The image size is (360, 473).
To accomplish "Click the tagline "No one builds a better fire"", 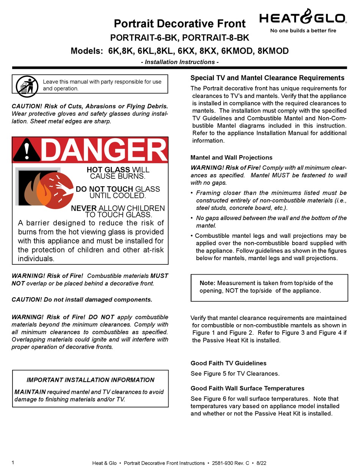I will (x=303, y=31).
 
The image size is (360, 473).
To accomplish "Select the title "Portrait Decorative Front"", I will (x=180, y=23).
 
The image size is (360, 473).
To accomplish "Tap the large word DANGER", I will (x=103, y=150).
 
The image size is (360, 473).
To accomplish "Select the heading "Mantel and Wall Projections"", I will (x=231, y=158).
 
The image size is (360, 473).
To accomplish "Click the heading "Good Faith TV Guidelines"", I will (x=228, y=363).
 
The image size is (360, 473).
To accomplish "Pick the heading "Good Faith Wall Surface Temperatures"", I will (x=247, y=388).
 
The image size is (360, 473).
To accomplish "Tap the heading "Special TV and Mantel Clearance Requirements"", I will (x=267, y=78).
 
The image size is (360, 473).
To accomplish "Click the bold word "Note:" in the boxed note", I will (x=207, y=283).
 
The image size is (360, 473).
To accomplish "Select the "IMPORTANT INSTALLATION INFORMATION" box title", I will (x=90, y=380).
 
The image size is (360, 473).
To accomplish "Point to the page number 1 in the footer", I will (x=13, y=462).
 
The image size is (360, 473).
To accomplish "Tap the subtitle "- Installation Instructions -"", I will (x=180, y=62).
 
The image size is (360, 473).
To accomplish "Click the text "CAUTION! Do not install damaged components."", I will (x=82, y=300).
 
